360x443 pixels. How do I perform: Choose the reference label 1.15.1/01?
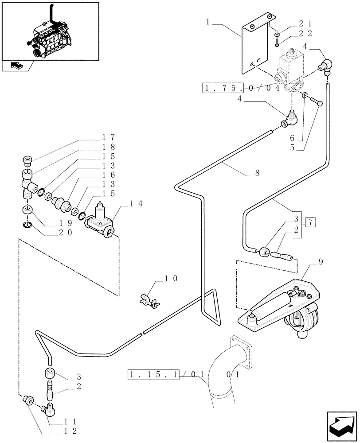coord(167,374)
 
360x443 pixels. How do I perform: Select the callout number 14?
coord(135,204)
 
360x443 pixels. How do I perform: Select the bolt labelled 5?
coord(315,103)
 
